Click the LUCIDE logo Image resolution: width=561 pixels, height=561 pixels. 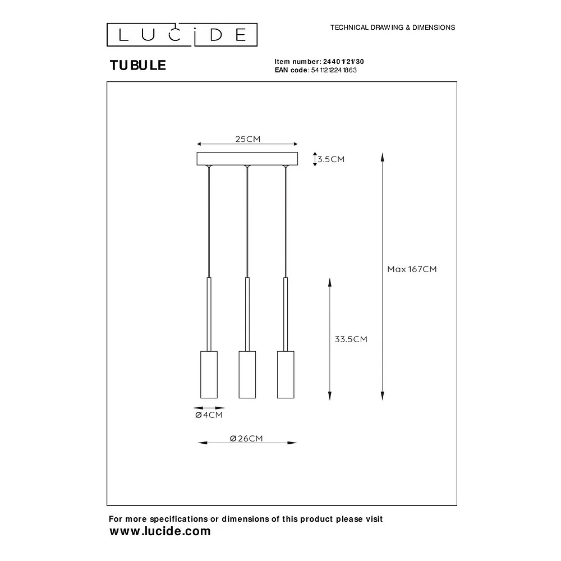click(x=182, y=35)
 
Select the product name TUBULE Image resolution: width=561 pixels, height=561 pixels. click(x=138, y=65)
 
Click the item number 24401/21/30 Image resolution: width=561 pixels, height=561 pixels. click(x=343, y=62)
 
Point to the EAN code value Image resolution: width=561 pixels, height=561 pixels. click(x=334, y=70)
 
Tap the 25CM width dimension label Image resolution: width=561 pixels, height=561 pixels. click(x=247, y=139)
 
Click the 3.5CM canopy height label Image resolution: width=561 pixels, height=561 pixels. click(x=331, y=159)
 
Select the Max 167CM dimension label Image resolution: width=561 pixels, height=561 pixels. click(x=412, y=269)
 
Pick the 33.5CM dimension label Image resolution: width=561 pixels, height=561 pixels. click(x=351, y=339)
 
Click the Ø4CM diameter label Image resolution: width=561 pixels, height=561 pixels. click(x=209, y=415)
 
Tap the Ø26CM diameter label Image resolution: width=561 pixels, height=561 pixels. click(x=246, y=439)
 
